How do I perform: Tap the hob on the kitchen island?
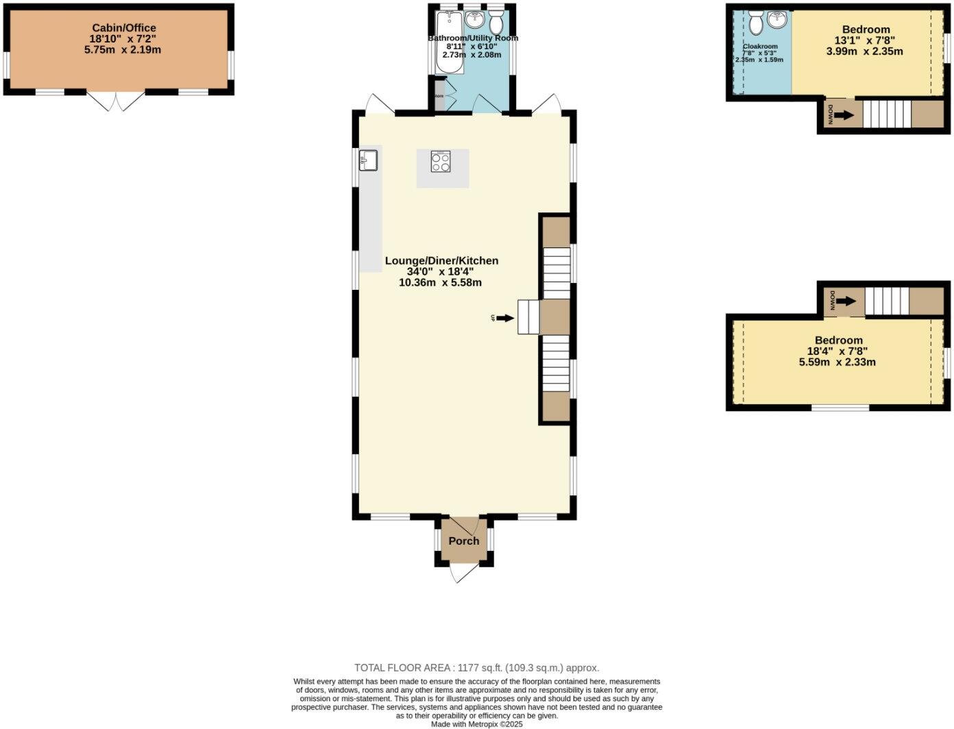[x=441, y=161]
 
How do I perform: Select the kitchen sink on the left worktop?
[x=368, y=160]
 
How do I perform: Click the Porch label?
[x=464, y=541]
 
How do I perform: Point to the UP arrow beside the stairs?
[x=504, y=318]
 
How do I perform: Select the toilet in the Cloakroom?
[x=756, y=23]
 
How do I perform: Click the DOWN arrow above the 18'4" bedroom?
[x=846, y=301]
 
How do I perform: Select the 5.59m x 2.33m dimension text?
[x=837, y=362]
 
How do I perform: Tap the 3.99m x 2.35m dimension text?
[x=864, y=51]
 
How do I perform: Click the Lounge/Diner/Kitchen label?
[x=441, y=260]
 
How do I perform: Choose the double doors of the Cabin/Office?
[x=117, y=101]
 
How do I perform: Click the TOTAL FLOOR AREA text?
[x=476, y=667]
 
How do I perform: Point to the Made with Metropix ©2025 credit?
[x=476, y=724]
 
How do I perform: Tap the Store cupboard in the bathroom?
[x=439, y=95]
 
